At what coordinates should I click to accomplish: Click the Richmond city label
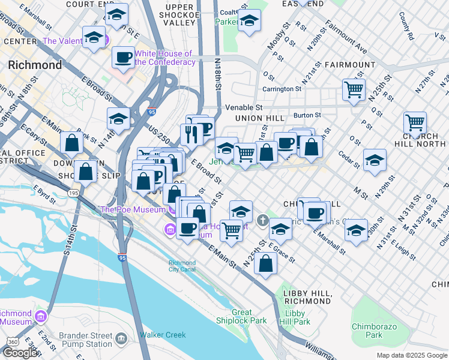point(35,65)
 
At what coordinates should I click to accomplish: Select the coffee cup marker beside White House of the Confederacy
point(124,58)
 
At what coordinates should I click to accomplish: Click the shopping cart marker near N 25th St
point(354,90)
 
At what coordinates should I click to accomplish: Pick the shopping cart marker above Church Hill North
point(415,123)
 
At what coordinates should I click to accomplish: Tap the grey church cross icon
point(262,221)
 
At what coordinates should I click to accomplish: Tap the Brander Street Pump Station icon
point(121,340)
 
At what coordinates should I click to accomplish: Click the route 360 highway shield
point(12,341)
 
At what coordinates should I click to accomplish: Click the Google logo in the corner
point(21,353)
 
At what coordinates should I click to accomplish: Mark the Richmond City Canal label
point(182,266)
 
